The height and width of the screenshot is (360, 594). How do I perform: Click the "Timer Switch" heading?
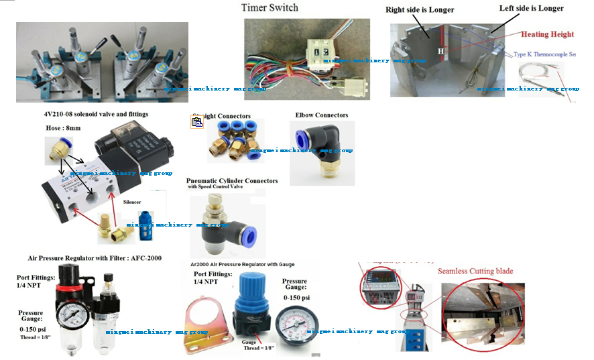tap(270, 7)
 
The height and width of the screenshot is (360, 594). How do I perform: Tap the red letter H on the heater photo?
tap(440, 50)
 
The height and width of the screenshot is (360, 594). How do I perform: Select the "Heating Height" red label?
tap(548, 34)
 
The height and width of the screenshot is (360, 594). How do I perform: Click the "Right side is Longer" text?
tap(420, 9)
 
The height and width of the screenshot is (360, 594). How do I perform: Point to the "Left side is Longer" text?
tap(531, 8)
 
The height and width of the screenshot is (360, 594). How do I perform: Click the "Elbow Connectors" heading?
tap(322, 115)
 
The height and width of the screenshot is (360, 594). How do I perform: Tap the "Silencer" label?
tap(132, 200)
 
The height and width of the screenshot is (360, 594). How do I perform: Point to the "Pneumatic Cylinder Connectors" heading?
tap(232, 181)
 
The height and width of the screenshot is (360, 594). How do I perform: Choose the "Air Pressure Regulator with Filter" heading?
tap(94, 257)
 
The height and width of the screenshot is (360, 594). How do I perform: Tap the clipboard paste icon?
tap(196, 121)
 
